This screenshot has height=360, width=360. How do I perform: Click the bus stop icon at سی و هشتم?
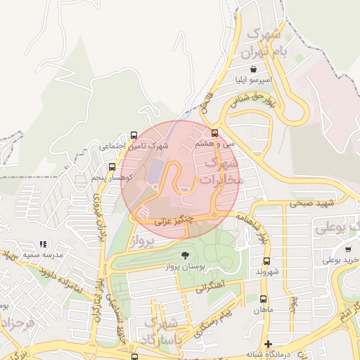(214, 133)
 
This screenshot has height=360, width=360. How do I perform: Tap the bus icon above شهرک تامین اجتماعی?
(134, 136)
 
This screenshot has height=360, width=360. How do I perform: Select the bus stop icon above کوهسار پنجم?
(112, 167)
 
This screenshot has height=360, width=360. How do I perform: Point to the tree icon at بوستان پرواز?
(185, 256)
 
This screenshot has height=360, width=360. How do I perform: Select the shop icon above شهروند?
(264, 260)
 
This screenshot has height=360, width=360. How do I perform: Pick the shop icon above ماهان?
(264, 299)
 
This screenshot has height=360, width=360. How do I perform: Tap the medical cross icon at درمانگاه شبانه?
(267, 344)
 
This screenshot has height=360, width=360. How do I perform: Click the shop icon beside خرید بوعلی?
(348, 249)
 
